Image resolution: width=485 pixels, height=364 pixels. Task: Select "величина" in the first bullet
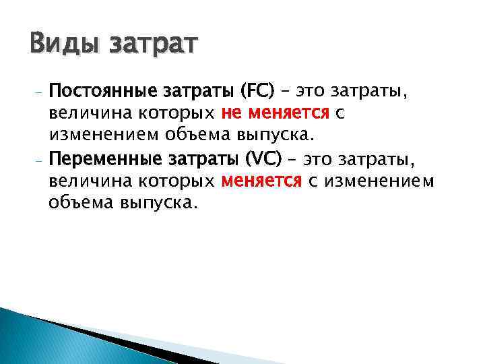82,114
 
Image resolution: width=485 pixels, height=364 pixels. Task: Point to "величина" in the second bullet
82,181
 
